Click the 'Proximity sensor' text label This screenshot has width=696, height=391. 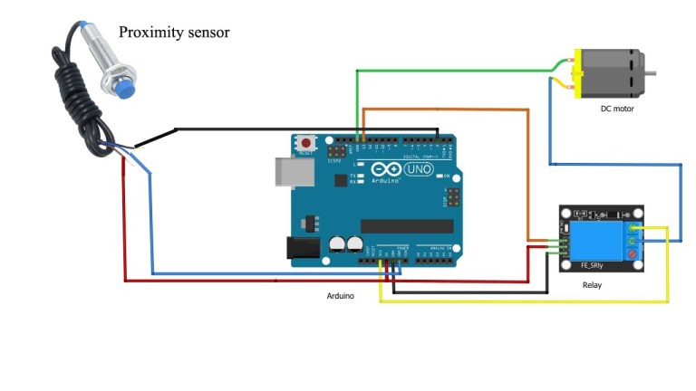click(174, 33)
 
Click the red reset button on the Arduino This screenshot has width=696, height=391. click(308, 143)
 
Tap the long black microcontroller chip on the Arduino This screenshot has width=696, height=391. click(406, 225)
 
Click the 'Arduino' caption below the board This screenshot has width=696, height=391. click(341, 296)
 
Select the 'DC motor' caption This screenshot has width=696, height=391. click(617, 109)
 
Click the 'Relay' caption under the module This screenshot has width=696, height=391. click(592, 286)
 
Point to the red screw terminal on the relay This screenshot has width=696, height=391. click(632, 256)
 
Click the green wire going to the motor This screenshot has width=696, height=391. click(453, 69)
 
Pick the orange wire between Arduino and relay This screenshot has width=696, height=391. click(527, 172)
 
